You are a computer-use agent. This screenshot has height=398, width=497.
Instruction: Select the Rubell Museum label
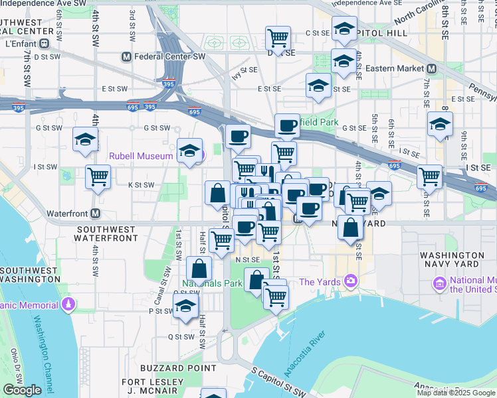point(141,157)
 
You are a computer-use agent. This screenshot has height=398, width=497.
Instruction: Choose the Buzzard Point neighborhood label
point(178,367)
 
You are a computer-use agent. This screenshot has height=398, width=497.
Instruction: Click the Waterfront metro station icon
point(96,214)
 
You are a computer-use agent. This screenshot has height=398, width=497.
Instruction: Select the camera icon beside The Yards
point(350,281)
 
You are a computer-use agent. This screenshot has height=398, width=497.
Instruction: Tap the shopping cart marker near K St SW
point(98,177)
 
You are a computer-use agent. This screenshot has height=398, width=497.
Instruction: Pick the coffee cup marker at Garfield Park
point(287,125)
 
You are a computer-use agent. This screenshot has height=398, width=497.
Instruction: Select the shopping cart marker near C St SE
point(278,37)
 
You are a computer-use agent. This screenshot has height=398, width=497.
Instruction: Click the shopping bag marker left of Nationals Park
point(199,269)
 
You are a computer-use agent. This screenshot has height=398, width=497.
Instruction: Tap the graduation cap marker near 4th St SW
point(86,139)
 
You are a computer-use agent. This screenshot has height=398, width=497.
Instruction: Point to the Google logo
point(22,390)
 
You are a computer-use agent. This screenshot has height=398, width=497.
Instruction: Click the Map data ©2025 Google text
point(456,393)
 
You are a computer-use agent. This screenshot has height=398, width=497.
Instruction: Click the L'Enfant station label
point(20,44)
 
